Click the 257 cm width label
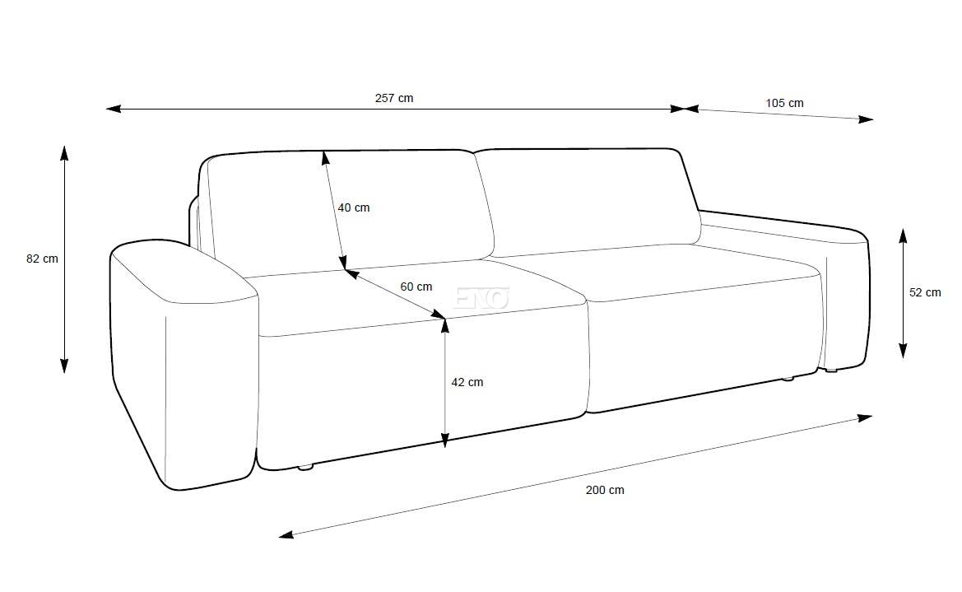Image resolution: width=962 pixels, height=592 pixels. pos(394,98)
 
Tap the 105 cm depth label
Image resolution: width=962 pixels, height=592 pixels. pos(784,103)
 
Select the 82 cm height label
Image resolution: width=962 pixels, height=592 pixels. pos(42,259)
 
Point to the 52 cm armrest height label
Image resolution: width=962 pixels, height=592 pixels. pos(925,292)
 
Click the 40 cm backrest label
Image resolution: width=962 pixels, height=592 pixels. pos(353,207)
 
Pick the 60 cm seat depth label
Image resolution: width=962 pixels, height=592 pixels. pos(416,287)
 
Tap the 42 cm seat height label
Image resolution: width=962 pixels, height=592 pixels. pos(467,382)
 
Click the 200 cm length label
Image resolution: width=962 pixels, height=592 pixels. pos(605,490)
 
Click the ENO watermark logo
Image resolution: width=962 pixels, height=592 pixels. pos(481,298)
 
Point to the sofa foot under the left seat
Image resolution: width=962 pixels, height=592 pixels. pos(305,468)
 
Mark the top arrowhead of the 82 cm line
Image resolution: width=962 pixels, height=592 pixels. pos(64,152)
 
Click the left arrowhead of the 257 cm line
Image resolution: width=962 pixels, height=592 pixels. pos(114,110)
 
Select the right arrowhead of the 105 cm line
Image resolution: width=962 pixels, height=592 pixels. pos(865,119)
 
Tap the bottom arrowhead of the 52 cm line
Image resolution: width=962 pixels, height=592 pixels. pos(903,350)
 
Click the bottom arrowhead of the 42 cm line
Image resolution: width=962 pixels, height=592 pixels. pos(445,440)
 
